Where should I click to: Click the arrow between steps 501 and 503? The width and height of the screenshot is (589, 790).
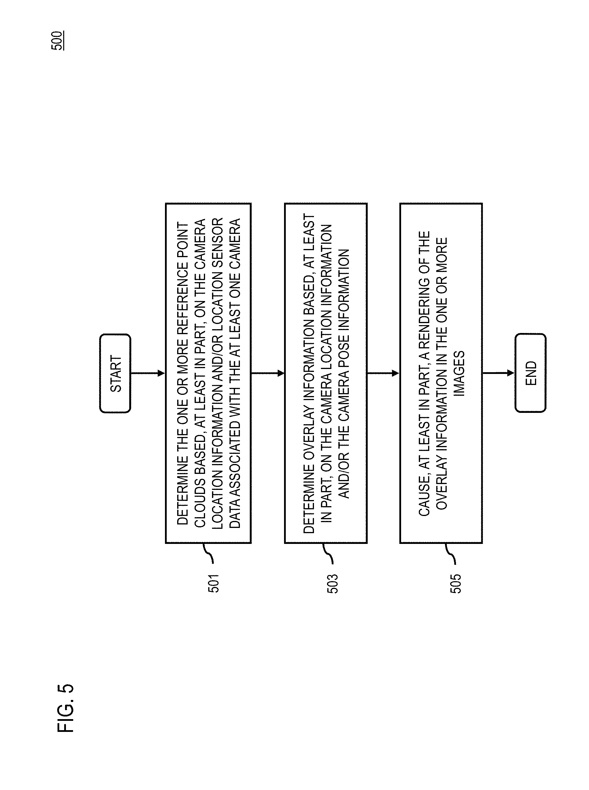[268, 373]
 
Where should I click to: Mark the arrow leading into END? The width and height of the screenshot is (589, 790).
[498, 373]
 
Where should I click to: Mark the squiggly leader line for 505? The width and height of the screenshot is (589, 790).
[450, 554]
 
